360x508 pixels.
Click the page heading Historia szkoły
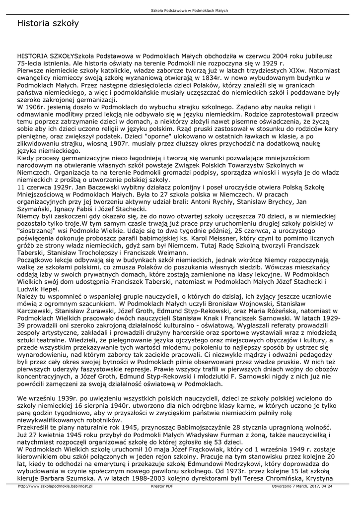[48, 23]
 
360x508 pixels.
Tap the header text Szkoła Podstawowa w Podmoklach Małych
[180, 10]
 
